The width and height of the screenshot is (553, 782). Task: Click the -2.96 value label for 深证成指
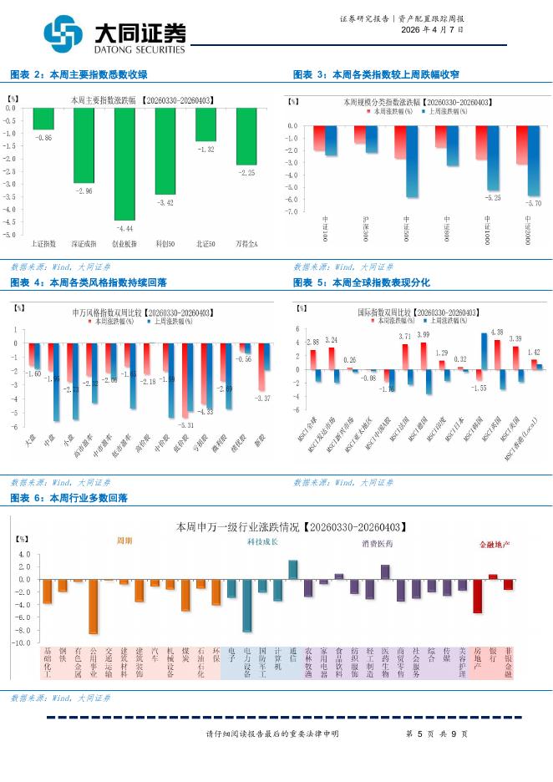tap(83, 191)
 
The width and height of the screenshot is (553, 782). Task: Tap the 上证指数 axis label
tap(43, 243)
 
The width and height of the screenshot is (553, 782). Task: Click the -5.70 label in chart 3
tap(533, 203)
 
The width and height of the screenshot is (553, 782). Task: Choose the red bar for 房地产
tap(477, 597)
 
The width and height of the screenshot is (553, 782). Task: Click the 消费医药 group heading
tap(377, 544)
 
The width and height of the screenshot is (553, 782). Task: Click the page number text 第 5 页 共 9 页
tap(430, 734)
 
